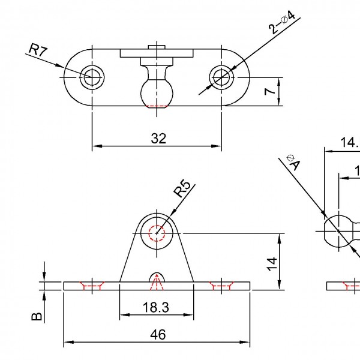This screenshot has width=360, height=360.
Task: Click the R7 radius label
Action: click(38, 50)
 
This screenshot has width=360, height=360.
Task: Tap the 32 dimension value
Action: click(158, 138)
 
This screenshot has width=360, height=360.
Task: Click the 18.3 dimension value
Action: click(155, 307)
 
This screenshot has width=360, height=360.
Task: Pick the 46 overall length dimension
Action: click(157, 334)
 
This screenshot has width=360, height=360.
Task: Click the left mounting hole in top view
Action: click(92, 77)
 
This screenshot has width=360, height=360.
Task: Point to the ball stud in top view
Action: click(156, 90)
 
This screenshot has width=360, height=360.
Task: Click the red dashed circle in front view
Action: click(157, 233)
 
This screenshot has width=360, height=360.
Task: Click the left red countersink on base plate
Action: click(92, 286)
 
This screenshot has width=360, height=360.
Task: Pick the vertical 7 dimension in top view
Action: click(269, 91)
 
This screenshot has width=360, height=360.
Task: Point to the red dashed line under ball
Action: click(157, 106)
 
